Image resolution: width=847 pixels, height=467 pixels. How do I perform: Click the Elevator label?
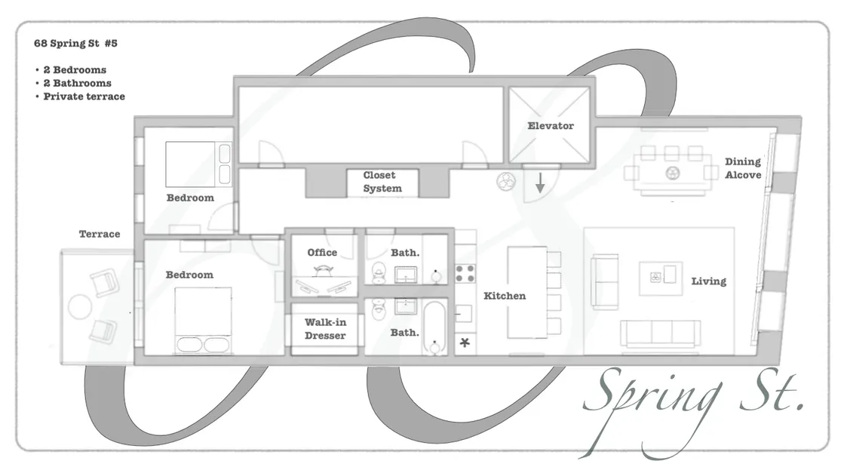550,126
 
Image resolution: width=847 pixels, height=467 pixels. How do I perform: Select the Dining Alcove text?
743,168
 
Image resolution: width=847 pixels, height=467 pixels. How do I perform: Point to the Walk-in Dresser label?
325,329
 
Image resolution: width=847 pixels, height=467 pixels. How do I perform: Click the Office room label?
322,253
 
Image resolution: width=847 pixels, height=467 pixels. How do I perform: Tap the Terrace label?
100,235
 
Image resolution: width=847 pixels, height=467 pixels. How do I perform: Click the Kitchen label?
505,296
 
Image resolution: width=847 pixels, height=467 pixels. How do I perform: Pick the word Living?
708,281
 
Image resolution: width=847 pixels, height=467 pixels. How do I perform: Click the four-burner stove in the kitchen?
465,273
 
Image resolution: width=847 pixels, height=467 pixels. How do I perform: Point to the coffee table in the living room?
661,278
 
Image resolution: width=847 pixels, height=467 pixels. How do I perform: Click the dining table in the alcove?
671,173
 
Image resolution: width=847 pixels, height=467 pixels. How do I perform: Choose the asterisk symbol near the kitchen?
465,344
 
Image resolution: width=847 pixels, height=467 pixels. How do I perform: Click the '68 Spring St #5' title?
75,44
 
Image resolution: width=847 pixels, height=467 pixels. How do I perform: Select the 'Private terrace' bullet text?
84,97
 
